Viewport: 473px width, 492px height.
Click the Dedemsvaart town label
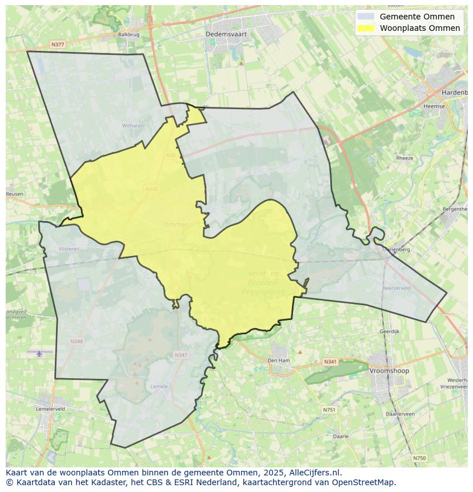[226, 34]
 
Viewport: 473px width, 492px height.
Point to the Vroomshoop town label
[389, 371]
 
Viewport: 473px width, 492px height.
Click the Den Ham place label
[279, 361]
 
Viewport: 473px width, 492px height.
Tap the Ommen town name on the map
[175, 225]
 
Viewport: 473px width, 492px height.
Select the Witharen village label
[133, 126]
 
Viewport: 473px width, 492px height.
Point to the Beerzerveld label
[396, 289]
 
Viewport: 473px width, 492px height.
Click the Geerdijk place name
[389, 331]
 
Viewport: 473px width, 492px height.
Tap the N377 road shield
[57, 44]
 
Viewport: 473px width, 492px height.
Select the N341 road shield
[330, 362]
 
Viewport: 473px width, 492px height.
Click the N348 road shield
[77, 341]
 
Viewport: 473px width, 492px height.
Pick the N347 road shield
[181, 355]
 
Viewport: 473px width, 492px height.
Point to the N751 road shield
[329, 410]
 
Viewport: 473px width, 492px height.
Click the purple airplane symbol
[39, 354]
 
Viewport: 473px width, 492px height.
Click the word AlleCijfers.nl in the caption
[314, 473]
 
